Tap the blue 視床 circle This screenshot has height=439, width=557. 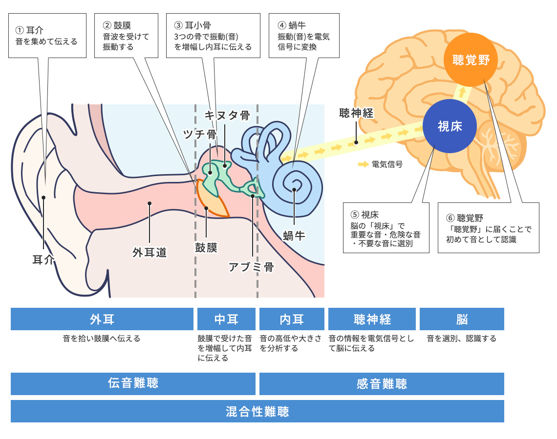450,126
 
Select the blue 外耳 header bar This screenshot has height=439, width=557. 102,319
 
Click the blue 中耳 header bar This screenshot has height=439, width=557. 226,319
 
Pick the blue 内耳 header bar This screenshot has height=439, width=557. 292,319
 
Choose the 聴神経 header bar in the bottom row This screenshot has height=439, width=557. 372,319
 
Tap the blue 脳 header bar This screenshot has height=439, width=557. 462,319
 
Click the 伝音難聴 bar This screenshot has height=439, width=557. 133,383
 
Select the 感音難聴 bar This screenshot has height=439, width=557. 382,383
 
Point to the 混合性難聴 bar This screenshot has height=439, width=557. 257,411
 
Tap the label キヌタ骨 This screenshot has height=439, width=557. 227,116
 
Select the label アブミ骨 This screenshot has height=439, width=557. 251,267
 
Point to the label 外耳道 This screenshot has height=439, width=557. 150,252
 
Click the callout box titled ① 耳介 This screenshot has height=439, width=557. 47,36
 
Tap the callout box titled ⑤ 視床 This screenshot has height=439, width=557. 386,227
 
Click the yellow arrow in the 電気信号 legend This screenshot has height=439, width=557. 363,164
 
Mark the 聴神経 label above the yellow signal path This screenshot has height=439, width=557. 356,114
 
